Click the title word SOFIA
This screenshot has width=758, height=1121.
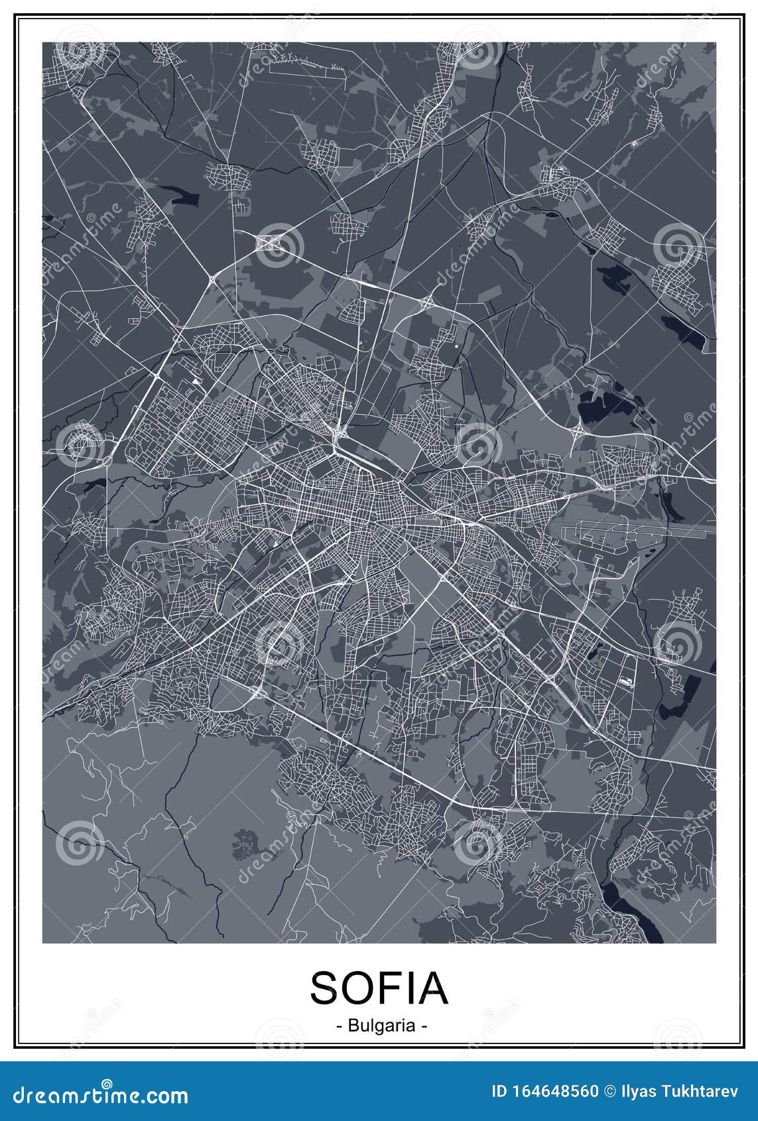click(379, 987)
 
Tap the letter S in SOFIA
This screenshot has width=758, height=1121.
click(324, 987)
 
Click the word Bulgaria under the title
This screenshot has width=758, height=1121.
click(379, 1026)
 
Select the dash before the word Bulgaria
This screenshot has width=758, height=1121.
click(339, 1026)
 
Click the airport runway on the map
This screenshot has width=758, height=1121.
click(637, 529)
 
